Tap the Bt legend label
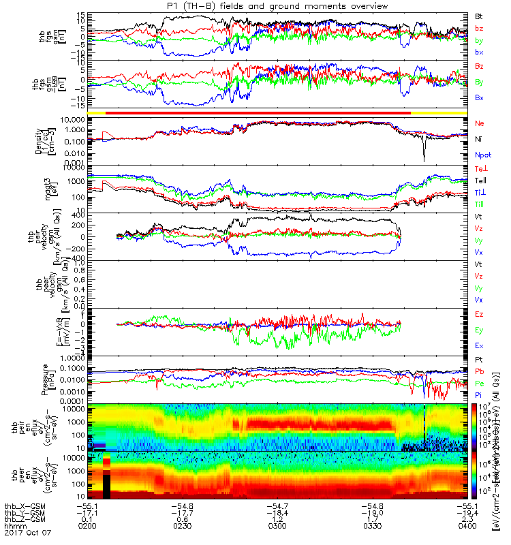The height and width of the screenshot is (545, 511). [x=479, y=15]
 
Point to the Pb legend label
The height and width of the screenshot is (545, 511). [x=479, y=372]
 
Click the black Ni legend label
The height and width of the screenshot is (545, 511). [x=478, y=140]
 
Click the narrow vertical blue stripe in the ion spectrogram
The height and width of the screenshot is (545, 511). [x=424, y=427]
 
